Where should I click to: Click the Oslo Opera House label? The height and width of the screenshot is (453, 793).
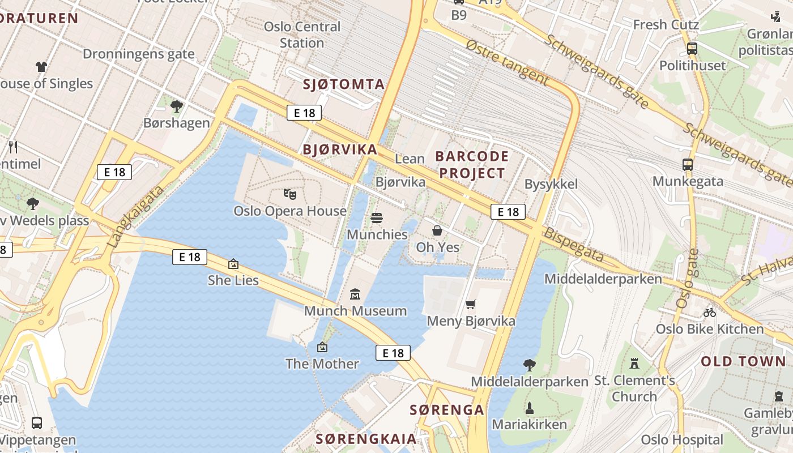tap(290, 211)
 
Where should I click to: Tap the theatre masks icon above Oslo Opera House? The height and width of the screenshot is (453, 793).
tap(290, 194)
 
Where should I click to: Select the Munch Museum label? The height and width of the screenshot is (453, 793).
tap(355, 311)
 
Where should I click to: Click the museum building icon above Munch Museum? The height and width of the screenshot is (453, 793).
tap(355, 294)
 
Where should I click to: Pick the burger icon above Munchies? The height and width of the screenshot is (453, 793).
tap(377, 218)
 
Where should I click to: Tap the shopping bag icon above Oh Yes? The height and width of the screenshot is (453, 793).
tap(437, 230)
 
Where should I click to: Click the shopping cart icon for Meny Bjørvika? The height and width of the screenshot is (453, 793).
tap(470, 305)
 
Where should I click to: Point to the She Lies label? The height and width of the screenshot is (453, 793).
tap(233, 280)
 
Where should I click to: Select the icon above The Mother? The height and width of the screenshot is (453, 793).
tap(322, 347)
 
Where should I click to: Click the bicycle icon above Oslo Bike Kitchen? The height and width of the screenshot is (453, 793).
tap(709, 312)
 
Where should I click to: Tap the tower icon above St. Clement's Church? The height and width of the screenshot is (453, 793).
tap(634, 364)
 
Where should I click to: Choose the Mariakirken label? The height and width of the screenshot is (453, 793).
tap(529, 424)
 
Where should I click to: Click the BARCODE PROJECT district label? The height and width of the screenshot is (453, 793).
tap(472, 165)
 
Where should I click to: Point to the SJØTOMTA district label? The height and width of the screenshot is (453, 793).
tap(343, 85)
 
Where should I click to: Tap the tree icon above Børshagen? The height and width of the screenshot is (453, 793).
tap(177, 105)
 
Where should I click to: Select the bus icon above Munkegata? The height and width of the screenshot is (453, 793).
tap(688, 165)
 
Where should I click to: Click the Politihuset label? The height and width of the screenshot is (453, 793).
tap(692, 66)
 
